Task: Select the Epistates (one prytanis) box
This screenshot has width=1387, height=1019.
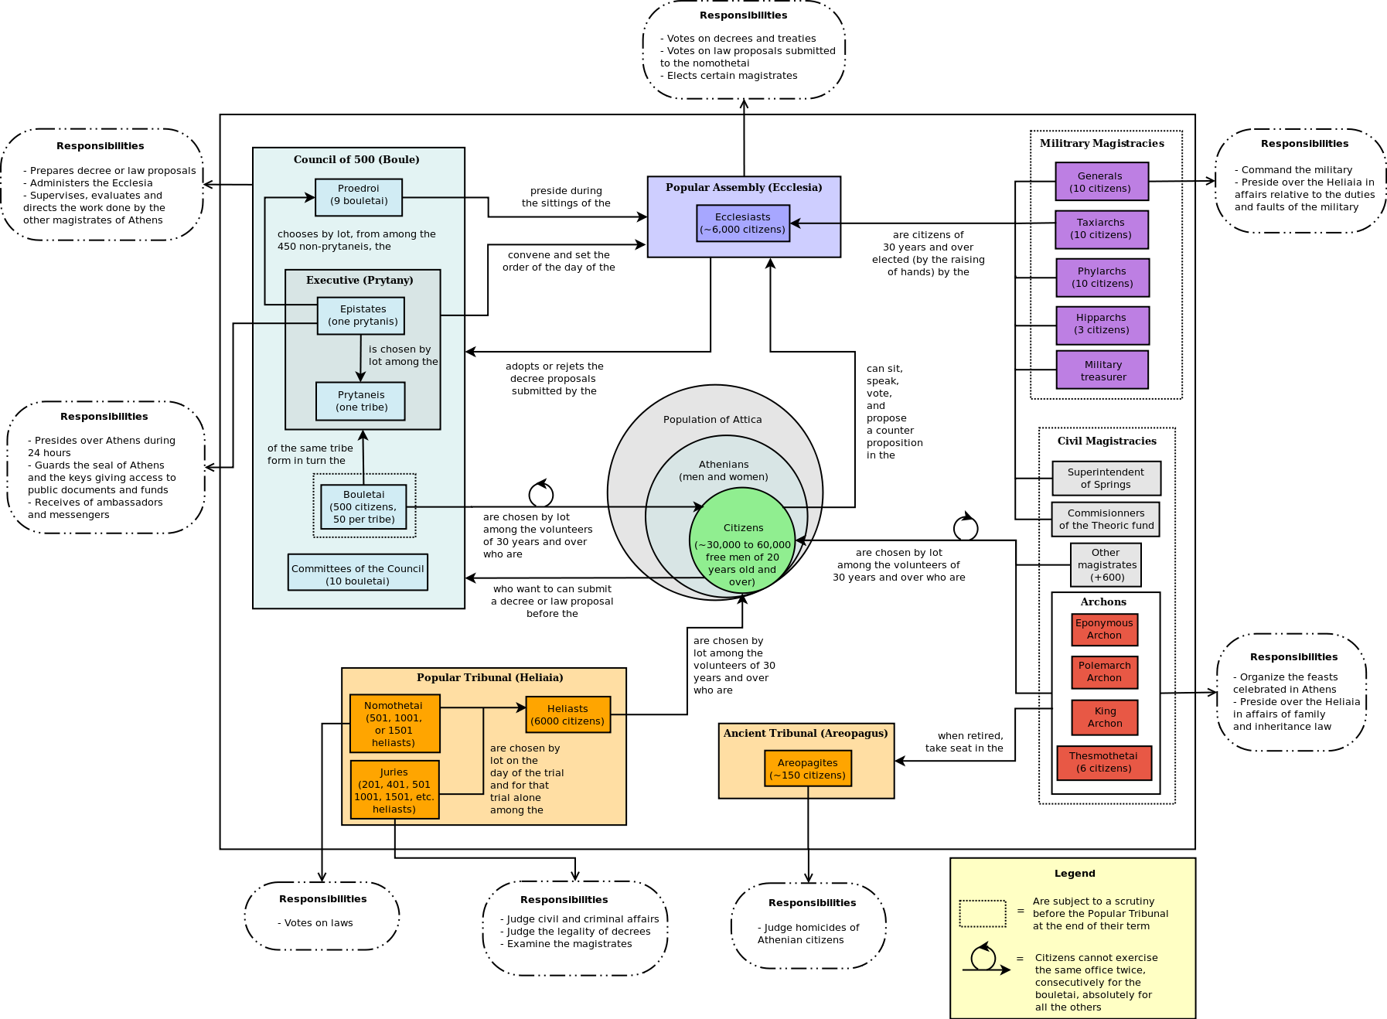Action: point(361,315)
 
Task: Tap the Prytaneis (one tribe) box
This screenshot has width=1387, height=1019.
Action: point(361,400)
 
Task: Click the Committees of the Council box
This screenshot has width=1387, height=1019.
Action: point(357,572)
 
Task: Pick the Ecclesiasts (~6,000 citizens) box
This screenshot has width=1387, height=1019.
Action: point(743,223)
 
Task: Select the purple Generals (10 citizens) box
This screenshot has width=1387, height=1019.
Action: point(1102,182)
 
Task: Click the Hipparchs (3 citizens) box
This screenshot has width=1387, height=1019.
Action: point(1102,325)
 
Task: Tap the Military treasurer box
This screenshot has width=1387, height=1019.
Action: point(1102,370)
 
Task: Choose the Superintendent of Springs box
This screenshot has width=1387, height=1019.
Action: point(1106,479)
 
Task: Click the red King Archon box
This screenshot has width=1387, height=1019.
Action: point(1104,717)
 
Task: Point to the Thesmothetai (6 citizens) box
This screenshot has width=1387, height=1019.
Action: point(1104,762)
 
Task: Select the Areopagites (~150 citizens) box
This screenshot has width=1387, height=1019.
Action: point(808,769)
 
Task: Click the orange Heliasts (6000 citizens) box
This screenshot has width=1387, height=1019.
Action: point(567,714)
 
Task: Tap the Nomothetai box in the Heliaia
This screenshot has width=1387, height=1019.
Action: point(394,724)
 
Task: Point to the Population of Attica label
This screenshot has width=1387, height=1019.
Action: point(712,420)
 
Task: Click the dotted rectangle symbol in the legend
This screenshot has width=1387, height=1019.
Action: point(982,913)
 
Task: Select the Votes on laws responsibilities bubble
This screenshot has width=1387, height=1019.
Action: point(322,916)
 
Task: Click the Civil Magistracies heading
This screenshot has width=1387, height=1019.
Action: point(1106,441)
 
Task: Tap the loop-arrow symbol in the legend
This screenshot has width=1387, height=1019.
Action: point(984,959)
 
